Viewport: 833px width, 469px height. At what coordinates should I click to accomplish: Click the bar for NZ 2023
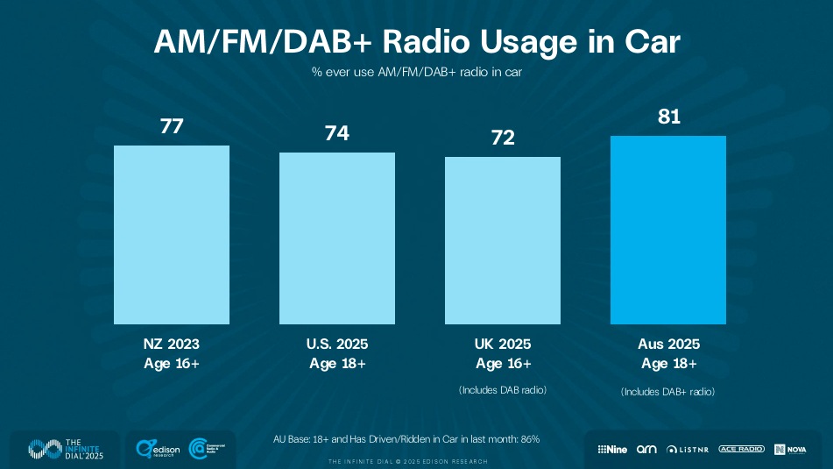click(x=172, y=236)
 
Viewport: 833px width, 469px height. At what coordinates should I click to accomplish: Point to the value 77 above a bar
click(x=172, y=126)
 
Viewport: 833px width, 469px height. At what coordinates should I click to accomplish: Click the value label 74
click(x=337, y=133)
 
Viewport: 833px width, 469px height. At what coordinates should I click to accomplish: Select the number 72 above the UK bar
click(x=503, y=138)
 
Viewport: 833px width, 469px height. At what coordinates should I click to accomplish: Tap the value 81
click(x=669, y=117)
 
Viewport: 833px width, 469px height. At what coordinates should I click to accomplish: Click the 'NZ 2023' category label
click(x=172, y=345)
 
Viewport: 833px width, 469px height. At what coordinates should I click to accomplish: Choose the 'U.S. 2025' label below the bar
click(x=337, y=345)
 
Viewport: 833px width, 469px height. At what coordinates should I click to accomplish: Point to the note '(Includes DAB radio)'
click(x=503, y=389)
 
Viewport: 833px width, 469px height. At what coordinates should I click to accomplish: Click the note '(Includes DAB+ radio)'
click(x=668, y=392)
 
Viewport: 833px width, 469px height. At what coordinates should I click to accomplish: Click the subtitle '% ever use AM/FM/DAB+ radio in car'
click(x=416, y=72)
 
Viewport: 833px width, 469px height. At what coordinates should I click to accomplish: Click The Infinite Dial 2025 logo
click(x=65, y=449)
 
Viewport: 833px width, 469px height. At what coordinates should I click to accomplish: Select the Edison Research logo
click(x=157, y=449)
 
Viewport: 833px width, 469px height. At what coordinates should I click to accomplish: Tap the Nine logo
click(x=613, y=449)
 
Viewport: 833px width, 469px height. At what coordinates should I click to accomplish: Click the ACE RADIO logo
click(x=741, y=449)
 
